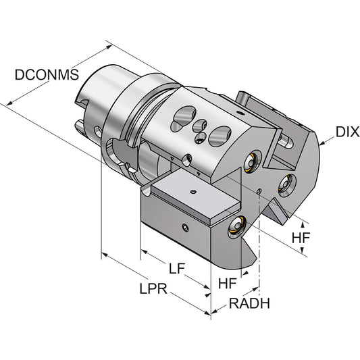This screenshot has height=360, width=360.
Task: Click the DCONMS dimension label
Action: tap(47, 74)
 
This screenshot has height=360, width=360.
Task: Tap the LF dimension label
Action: tap(177, 268)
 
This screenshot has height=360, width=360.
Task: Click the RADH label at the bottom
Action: tap(249, 303)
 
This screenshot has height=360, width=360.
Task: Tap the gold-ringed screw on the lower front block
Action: tap(237, 226)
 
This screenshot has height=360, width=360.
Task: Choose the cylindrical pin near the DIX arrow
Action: tap(286, 142)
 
